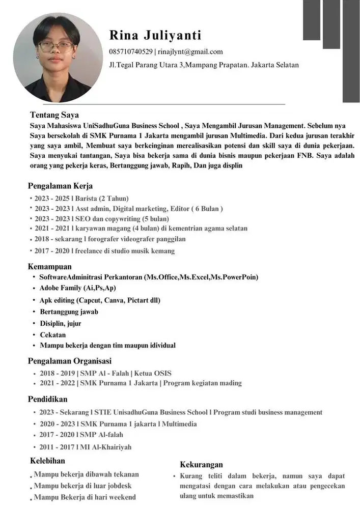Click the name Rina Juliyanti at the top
pos(155,35)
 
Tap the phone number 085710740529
pos(130,51)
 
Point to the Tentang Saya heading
pos(54,115)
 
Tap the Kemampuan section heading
pos(49,266)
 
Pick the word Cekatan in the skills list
pos(53,334)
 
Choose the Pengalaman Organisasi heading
pos(69,361)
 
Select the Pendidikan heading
pos(47,399)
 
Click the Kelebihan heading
pos(47,461)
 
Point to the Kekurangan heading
pos(201,464)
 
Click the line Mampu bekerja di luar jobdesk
pos(82,486)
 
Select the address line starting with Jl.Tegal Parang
pos(204,65)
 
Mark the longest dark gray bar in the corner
pos(351,51)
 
